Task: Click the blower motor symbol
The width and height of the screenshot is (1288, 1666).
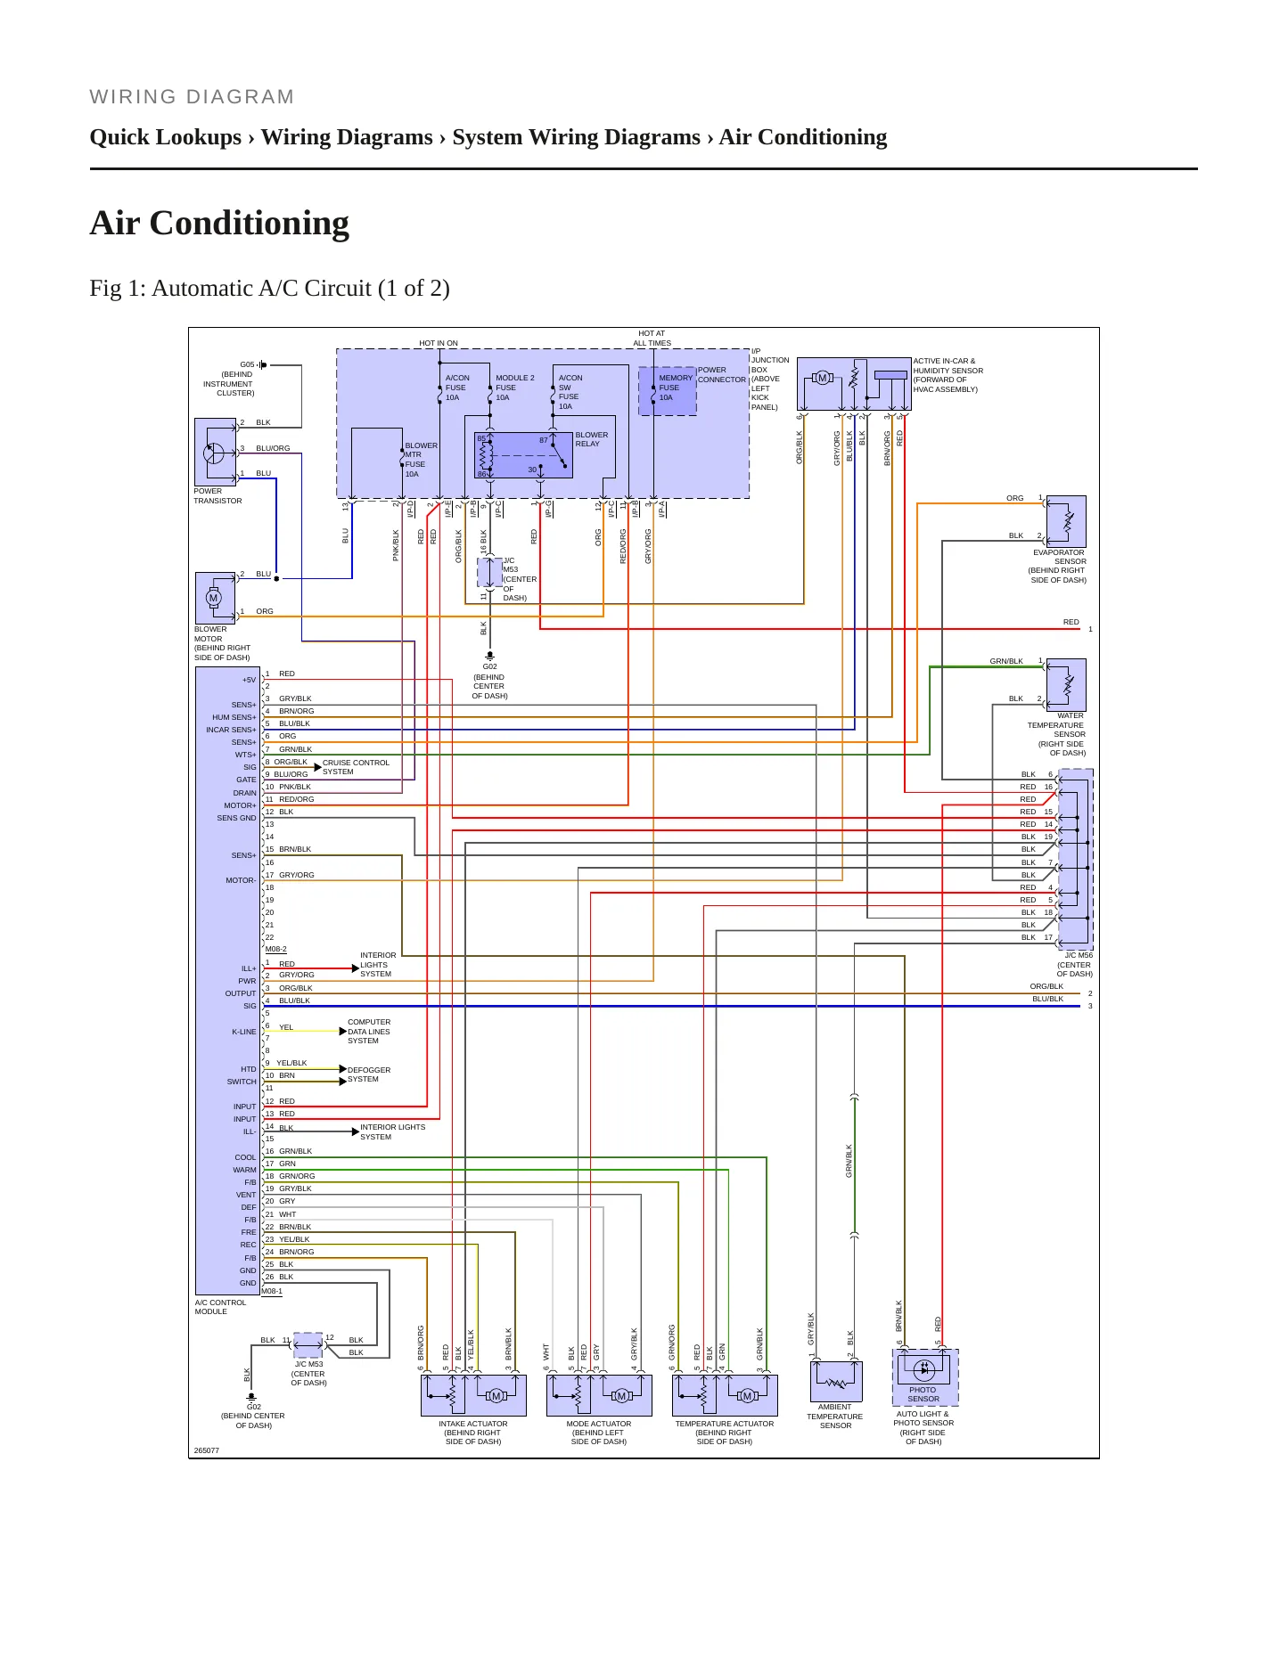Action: pos(215,598)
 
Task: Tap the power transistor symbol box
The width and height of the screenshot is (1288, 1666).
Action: pos(215,452)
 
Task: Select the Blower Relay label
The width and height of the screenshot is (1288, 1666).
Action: pos(592,439)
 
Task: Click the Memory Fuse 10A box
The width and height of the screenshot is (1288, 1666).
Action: pos(668,391)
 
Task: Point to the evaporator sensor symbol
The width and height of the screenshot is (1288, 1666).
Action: pos(1066,521)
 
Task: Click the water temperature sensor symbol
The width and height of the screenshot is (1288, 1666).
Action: pos(1066,684)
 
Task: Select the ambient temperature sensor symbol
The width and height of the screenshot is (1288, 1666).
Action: pos(836,1381)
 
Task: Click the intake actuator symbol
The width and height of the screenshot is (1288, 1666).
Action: pos(473,1394)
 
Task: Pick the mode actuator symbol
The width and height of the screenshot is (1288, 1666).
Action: pos(599,1394)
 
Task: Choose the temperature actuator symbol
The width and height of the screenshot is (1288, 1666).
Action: pos(725,1394)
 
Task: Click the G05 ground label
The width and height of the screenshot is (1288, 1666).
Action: pos(247,364)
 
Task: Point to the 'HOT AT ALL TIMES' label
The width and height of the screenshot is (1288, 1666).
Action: pos(652,339)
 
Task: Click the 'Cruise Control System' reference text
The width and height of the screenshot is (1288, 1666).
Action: pos(356,767)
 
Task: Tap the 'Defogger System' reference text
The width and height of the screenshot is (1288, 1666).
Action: pos(369,1074)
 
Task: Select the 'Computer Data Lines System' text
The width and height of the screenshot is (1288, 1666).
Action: pos(369,1032)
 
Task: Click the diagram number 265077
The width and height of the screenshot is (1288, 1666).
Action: pos(206,1450)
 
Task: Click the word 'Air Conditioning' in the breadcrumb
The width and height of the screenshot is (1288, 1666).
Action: pos(803,137)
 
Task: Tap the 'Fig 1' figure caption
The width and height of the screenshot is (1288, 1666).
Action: pos(269,289)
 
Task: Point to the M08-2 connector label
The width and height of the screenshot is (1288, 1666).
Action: pos(276,949)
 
